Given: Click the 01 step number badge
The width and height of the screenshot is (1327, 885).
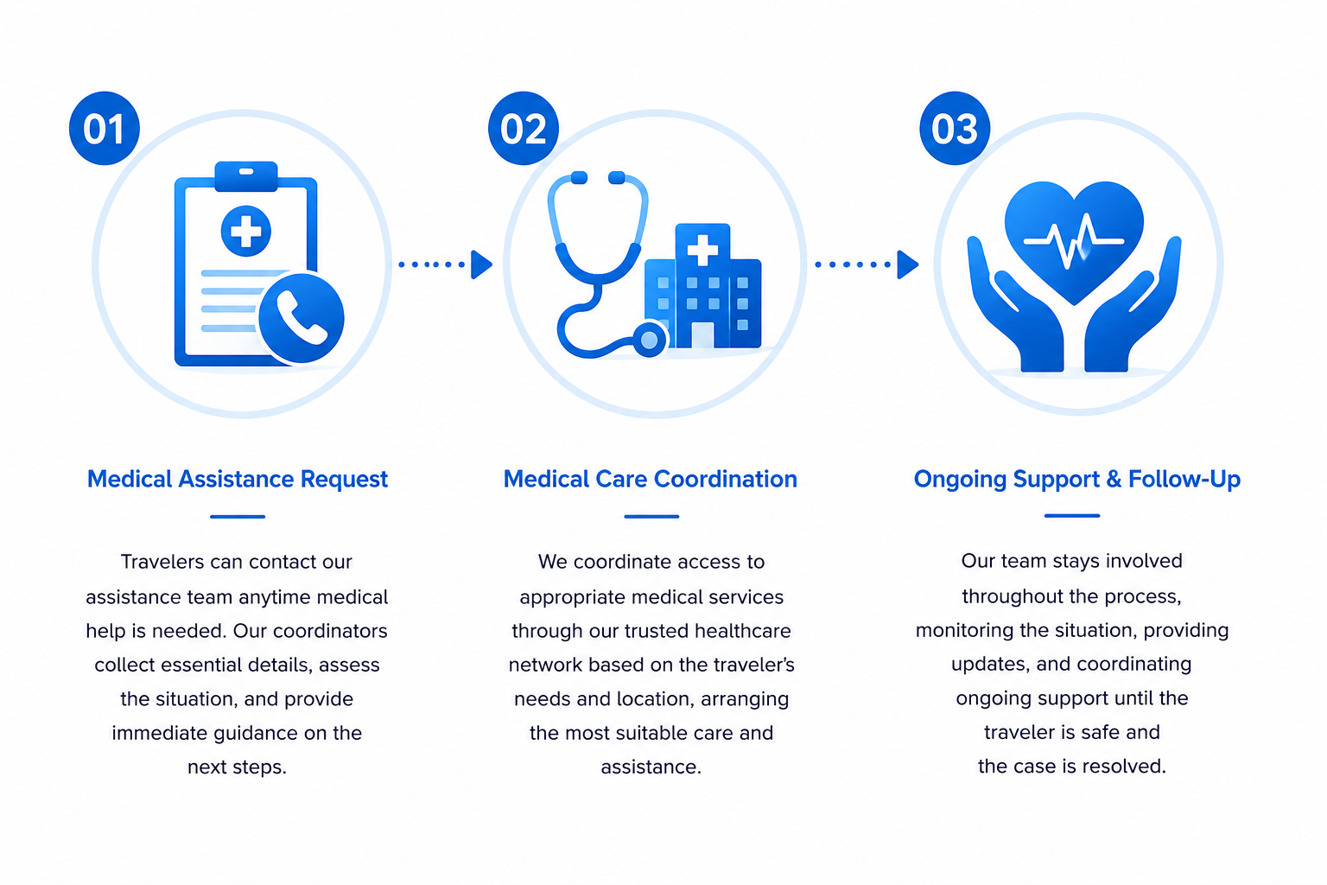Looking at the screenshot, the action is (x=105, y=128).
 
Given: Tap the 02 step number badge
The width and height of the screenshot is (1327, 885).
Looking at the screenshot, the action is (x=523, y=128).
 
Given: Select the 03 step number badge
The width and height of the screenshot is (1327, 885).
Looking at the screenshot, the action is (x=955, y=128).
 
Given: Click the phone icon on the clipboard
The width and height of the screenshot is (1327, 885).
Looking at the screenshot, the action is (x=302, y=318).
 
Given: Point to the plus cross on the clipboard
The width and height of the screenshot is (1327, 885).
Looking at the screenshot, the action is (x=246, y=231).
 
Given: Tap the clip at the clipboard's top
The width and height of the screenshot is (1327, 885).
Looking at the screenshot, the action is (x=246, y=176).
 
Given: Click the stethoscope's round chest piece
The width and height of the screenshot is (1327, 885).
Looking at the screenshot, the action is (x=650, y=339).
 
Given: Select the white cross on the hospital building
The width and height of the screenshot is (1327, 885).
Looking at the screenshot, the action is (x=702, y=250).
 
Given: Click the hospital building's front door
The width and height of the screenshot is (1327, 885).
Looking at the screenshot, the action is (x=702, y=335).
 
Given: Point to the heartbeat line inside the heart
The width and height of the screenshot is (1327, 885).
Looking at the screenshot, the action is (x=1074, y=240).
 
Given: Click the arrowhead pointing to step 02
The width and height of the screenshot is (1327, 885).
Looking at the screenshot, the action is (x=481, y=264).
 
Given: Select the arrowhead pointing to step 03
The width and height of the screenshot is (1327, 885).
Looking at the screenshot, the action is (x=908, y=264).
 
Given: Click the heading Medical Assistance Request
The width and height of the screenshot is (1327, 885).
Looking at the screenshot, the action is (x=237, y=479).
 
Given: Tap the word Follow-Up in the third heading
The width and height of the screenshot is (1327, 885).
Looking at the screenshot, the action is (x=1184, y=479).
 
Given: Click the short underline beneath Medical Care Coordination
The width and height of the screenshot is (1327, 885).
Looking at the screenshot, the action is (x=651, y=516).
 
